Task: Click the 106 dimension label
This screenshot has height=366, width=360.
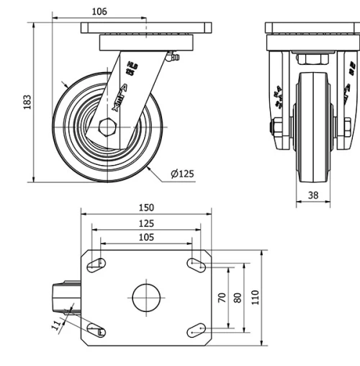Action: tap(100, 12)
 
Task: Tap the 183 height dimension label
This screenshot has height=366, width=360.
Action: tap(27, 102)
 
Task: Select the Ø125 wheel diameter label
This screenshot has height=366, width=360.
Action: tap(183, 174)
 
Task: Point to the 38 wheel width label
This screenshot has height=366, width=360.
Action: tap(313, 195)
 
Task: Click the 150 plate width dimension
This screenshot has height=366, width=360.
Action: tap(146, 207)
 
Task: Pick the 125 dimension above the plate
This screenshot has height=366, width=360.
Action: tap(146, 223)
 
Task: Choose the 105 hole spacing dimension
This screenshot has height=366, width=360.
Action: tap(146, 237)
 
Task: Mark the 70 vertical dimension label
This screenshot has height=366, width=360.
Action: tap(222, 298)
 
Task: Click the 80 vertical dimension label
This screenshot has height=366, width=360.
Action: tap(238, 298)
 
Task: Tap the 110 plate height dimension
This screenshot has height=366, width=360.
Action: tap(256, 298)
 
